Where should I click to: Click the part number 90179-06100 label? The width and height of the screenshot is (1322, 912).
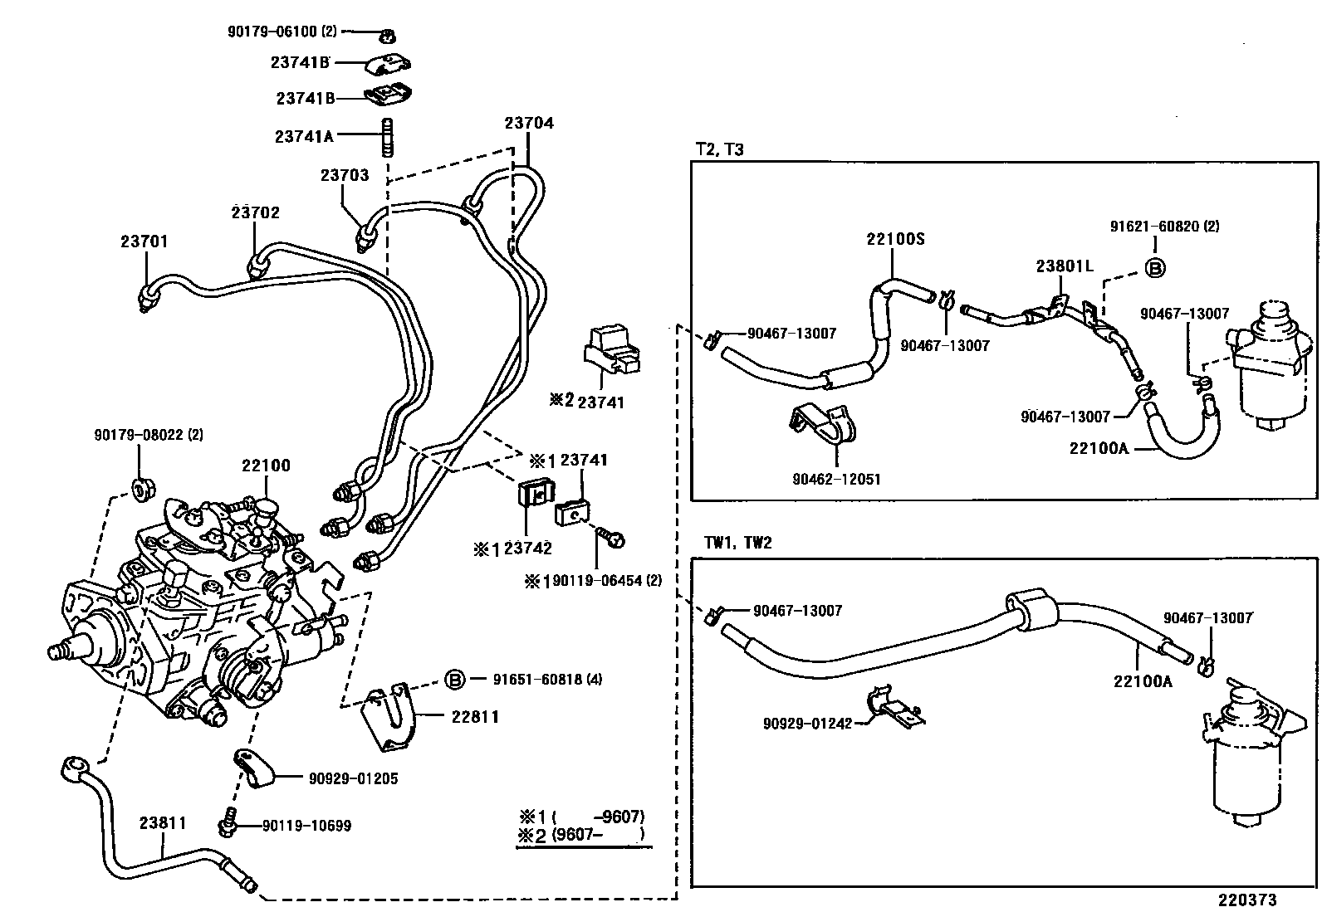(282, 32)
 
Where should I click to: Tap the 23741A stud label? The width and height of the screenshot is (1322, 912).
(304, 135)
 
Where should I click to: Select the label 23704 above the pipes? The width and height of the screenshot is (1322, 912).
(528, 123)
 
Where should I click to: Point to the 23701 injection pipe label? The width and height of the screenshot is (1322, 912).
(144, 241)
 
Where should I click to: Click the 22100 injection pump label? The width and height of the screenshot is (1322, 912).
(267, 466)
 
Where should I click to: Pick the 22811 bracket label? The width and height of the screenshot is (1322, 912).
(475, 716)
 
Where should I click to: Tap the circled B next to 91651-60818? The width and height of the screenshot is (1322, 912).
(454, 680)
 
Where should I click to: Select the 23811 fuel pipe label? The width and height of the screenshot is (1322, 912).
(163, 823)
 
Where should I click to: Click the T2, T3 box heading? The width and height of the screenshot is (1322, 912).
(719, 149)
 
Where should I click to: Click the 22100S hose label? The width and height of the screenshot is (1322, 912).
(895, 239)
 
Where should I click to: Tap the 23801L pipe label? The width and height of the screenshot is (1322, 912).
(1065, 266)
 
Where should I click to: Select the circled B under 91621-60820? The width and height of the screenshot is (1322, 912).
(1155, 267)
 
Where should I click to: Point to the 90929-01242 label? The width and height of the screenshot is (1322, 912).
(807, 724)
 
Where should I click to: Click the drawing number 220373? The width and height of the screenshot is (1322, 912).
(1247, 900)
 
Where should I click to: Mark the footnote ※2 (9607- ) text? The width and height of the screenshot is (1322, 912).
(581, 835)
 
